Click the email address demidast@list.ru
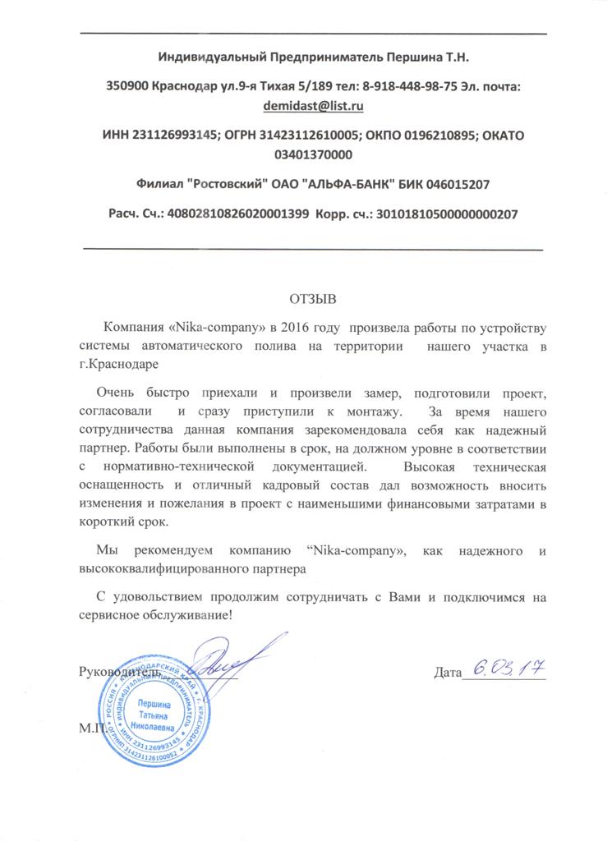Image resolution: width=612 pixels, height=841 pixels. point(313,106)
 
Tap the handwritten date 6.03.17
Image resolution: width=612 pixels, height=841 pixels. point(501,668)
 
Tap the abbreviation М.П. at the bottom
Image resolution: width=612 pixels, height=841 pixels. point(94,728)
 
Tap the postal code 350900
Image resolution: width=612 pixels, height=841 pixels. point(127,86)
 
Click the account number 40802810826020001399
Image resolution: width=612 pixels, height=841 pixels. point(238,213)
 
